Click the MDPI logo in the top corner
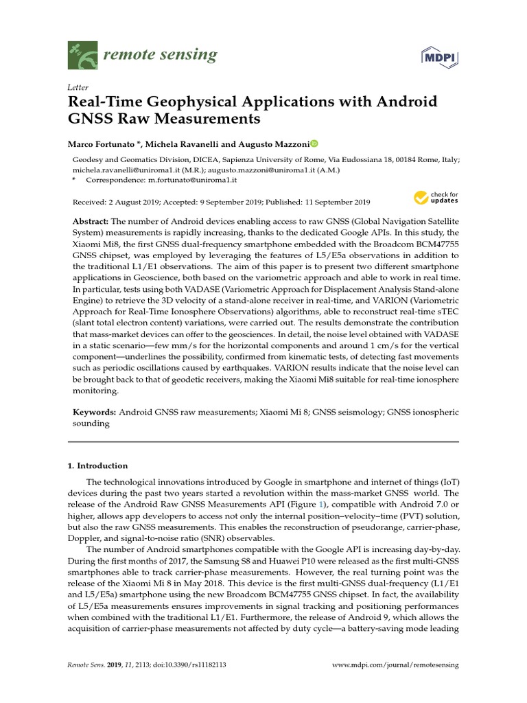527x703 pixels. coord(439,56)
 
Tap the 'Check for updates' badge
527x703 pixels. coord(436,198)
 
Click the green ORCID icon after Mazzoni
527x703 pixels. coord(314,144)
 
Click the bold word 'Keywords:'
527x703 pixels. coord(95,412)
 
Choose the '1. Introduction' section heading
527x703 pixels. coord(97,465)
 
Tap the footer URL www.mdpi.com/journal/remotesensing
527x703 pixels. coord(395,665)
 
